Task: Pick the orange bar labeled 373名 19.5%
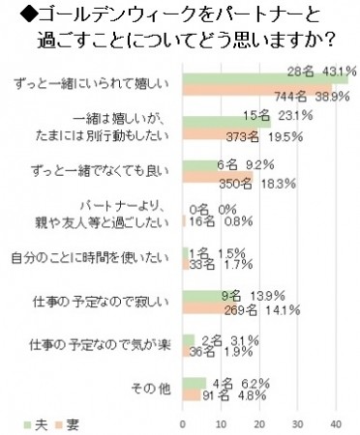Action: click(x=220, y=134)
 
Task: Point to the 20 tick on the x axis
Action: click(x=258, y=422)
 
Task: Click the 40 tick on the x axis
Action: click(x=336, y=422)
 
